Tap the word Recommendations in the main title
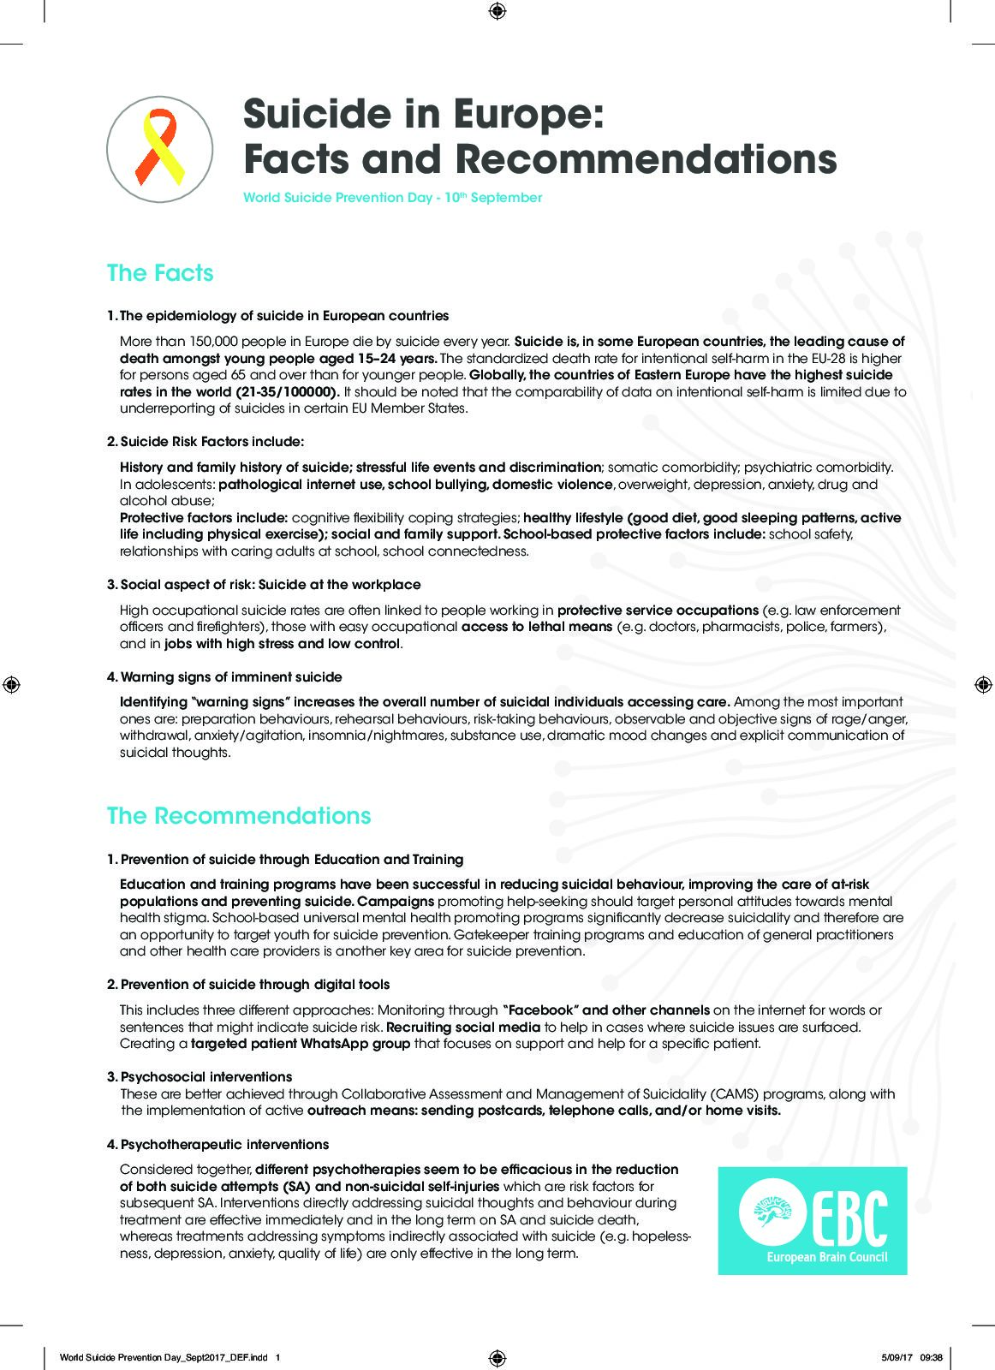click(x=646, y=159)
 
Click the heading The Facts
click(x=160, y=273)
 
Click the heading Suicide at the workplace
click(x=339, y=585)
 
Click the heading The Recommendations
click(x=239, y=816)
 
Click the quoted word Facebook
click(x=536, y=1011)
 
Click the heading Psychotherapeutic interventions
click(x=224, y=1145)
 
